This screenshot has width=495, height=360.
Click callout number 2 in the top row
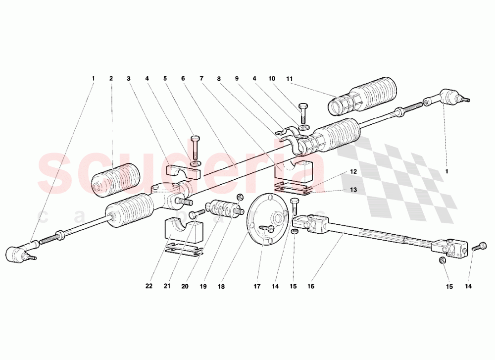click(x=111, y=78)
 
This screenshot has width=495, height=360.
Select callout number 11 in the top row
click(x=290, y=78)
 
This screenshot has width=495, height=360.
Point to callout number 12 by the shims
click(x=353, y=171)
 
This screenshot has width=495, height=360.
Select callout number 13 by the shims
click(x=353, y=190)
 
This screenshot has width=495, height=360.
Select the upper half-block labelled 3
click(x=182, y=171)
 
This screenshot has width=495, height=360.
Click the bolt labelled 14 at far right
click(x=479, y=247)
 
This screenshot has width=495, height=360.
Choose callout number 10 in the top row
click(x=272, y=78)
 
